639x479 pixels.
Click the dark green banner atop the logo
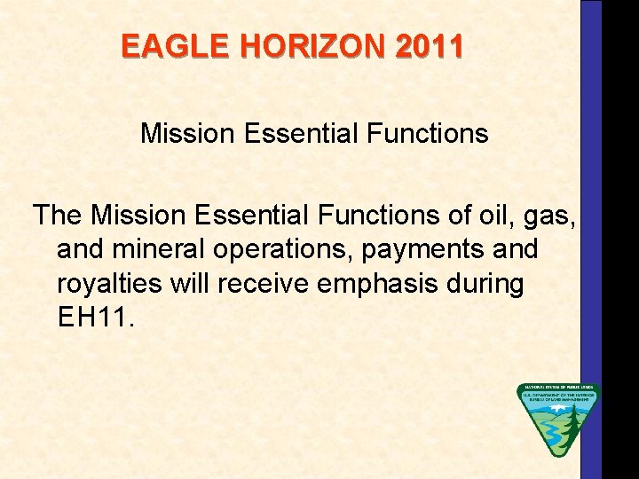(559, 388)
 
